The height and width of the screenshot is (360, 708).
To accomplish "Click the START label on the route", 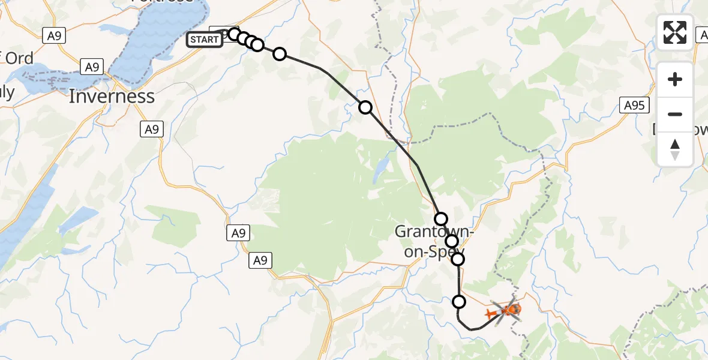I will coord(205,40).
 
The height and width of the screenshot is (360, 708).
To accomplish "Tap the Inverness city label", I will coord(112,96).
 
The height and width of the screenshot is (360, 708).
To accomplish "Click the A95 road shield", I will coord(634,106).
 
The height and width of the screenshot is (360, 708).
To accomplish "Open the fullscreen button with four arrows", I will coord(675,32).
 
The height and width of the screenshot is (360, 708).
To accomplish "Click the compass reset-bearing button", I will coord(675,149).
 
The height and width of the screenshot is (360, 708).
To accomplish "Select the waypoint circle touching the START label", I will coord(234,34).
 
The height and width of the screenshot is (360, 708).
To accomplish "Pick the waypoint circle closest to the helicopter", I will coord(459,302).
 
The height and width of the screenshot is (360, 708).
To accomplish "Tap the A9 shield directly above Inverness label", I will coord(92,67).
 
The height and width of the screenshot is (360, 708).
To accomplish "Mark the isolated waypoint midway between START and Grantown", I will coord(365,107).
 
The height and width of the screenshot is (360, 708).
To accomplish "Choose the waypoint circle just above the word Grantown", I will coord(441,218).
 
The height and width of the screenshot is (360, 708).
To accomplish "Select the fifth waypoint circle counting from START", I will coord(280,54).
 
